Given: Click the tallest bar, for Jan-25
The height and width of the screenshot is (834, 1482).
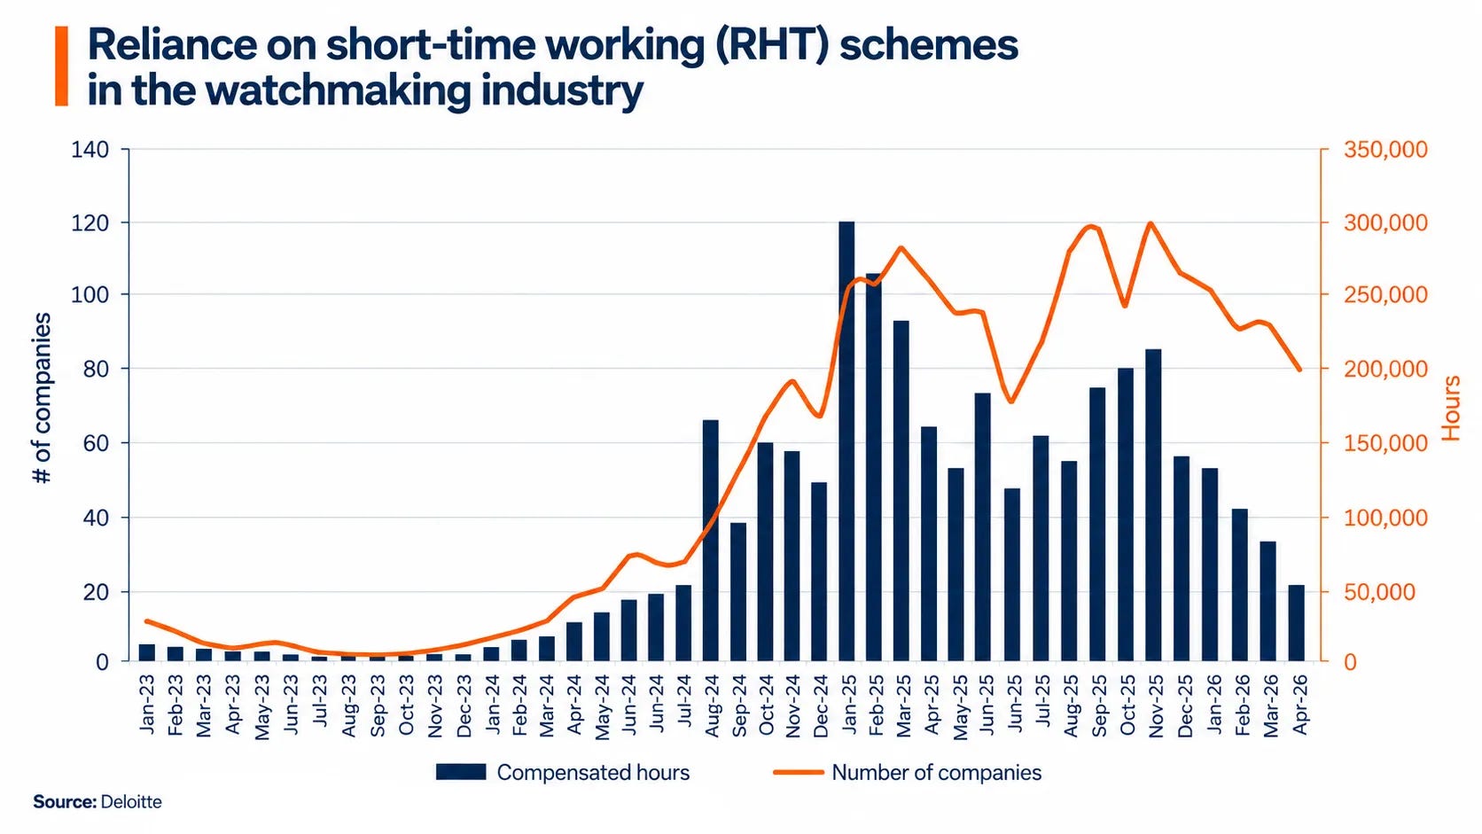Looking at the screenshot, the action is (846, 441).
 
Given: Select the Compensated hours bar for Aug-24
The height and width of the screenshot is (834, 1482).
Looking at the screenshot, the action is (711, 541).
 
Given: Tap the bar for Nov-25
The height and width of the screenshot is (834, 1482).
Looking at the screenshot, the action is (1153, 505).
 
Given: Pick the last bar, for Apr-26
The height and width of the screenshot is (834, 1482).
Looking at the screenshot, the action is (1297, 623).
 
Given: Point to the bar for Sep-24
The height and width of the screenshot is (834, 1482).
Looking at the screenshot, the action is (738, 592).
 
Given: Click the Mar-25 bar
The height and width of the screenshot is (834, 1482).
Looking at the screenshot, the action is (901, 491).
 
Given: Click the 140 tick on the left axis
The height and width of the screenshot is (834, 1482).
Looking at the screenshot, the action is (90, 150).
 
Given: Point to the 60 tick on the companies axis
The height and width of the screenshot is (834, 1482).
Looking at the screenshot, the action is (97, 443).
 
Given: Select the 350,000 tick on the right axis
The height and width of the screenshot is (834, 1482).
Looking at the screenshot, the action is (1385, 150).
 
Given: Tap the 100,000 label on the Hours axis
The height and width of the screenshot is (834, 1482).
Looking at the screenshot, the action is (1385, 518).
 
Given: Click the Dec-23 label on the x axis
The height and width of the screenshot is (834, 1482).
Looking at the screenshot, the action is (464, 705).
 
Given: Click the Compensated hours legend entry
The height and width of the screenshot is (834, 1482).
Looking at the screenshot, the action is (562, 773).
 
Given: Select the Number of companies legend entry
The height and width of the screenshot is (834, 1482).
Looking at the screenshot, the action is (908, 773).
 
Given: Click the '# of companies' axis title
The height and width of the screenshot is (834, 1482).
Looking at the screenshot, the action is (42, 398).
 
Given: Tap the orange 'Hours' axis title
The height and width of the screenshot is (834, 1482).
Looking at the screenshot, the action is (1451, 408).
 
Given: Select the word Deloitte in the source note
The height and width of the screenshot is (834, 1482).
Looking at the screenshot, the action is (131, 802).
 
